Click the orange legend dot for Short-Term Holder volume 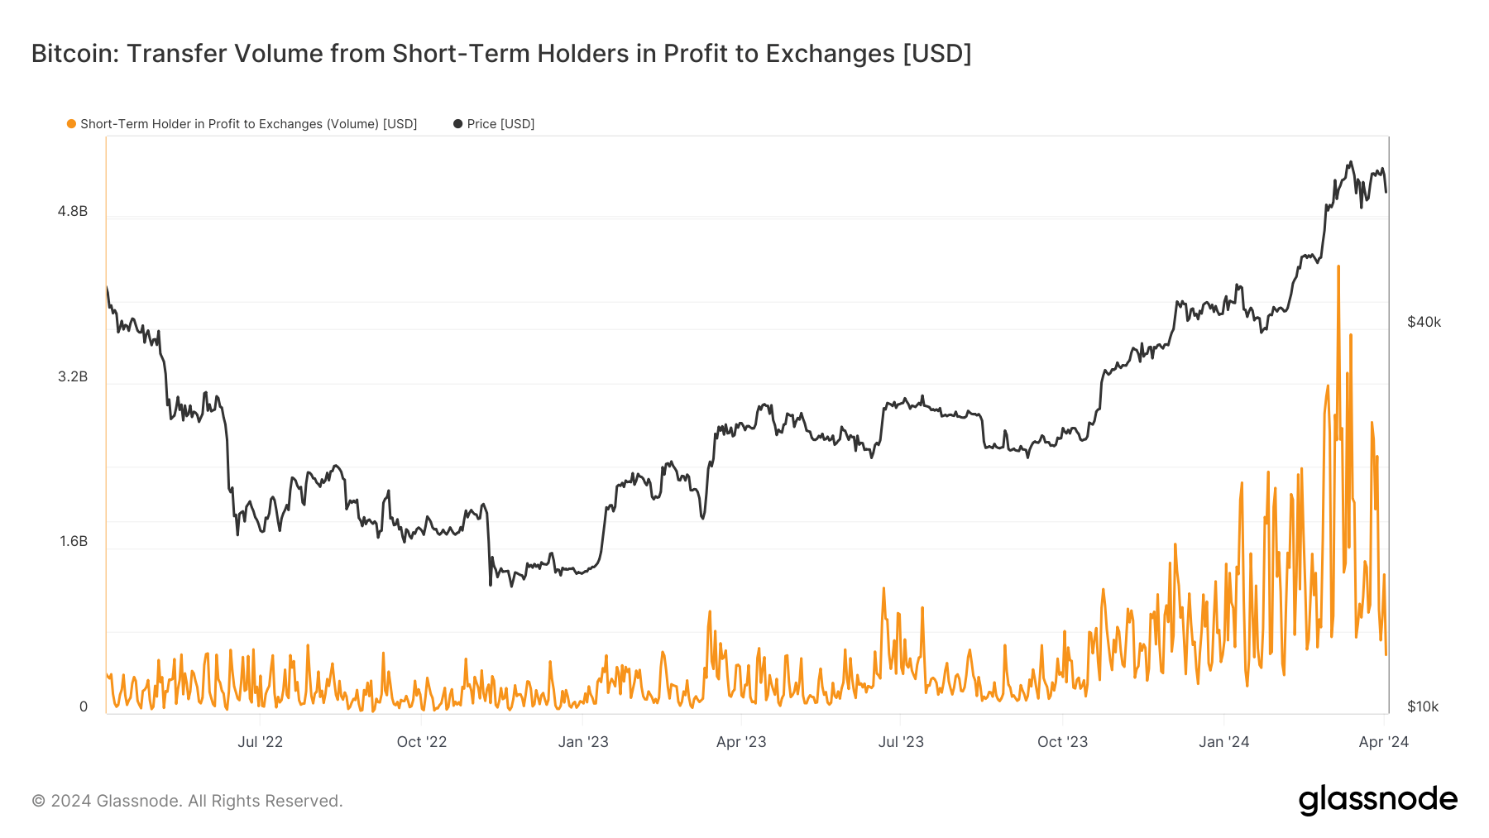click(x=72, y=124)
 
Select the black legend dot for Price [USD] click(x=457, y=124)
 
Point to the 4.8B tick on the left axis click(x=73, y=212)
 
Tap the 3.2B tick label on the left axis click(x=73, y=377)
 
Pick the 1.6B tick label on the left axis click(x=73, y=542)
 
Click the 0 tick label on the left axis click(x=83, y=707)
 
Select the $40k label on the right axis click(x=1424, y=323)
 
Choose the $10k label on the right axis click(x=1423, y=707)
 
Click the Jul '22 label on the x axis click(x=260, y=742)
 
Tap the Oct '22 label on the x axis click(x=421, y=742)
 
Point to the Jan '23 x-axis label click(x=583, y=742)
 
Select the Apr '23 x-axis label click(x=741, y=742)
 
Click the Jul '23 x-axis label click(x=901, y=742)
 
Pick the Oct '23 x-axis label click(x=1062, y=742)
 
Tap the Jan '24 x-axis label click(x=1224, y=742)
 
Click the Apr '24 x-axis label click(x=1383, y=742)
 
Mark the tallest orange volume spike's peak click(x=1338, y=267)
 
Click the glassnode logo click(x=1377, y=800)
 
